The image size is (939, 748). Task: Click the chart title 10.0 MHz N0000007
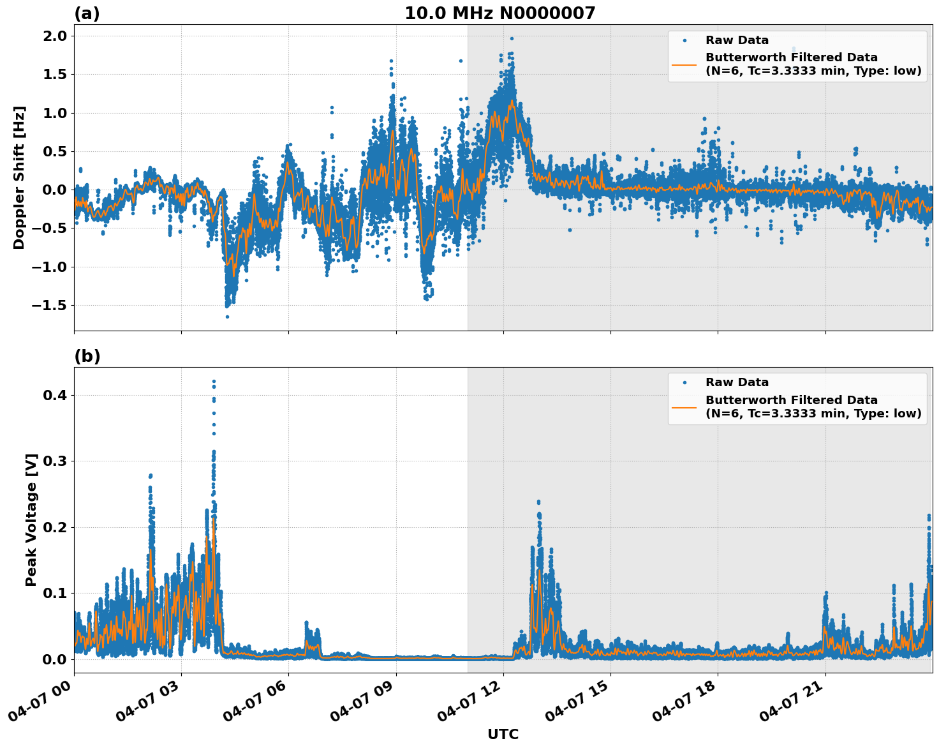[x=499, y=13]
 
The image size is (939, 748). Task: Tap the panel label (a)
[x=87, y=13]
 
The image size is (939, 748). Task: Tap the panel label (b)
[x=87, y=357]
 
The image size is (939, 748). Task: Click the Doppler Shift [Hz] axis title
[x=19, y=177]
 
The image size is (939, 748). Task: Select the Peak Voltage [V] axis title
[x=31, y=520]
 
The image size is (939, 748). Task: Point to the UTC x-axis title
[x=503, y=735]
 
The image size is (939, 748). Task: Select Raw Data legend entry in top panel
[x=737, y=40]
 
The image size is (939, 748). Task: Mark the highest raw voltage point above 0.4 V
[x=214, y=381]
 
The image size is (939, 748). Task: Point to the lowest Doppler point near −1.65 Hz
[x=227, y=317]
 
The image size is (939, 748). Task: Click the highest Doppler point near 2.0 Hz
[x=512, y=38]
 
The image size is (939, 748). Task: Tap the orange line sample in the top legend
[x=684, y=64]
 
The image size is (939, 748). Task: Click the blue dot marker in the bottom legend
[x=684, y=383]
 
